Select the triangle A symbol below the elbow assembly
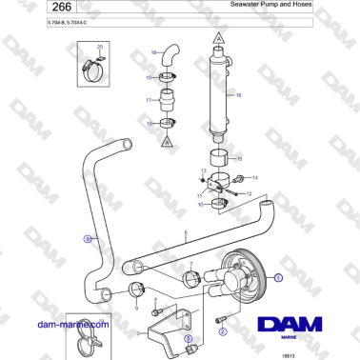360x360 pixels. [x=168, y=140]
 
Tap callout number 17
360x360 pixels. [x=148, y=99]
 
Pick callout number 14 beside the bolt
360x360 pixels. [x=254, y=178]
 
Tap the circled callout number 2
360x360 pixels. [x=222, y=332]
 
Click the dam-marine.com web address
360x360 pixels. [x=61, y=324]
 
